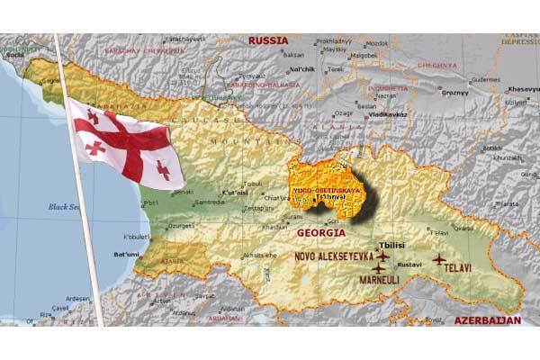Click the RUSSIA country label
269,41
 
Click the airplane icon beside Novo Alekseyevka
381,257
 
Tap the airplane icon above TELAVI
438,259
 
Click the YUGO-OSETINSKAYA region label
323,191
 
